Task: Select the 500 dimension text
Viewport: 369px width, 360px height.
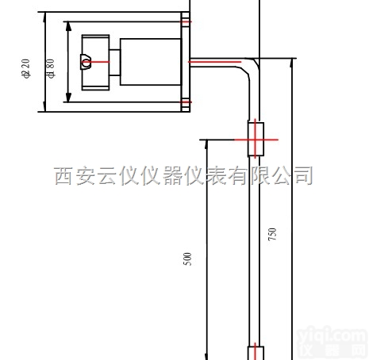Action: point(187,259)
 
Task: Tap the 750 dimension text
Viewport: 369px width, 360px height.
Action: point(272,234)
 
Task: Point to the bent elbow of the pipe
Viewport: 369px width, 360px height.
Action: point(253,63)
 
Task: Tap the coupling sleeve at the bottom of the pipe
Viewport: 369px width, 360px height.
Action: point(256,352)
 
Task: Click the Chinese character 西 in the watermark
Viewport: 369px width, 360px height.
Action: point(65,176)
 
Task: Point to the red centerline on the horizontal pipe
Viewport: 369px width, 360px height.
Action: point(214,61)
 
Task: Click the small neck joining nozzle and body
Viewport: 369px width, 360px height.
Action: point(113,61)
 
